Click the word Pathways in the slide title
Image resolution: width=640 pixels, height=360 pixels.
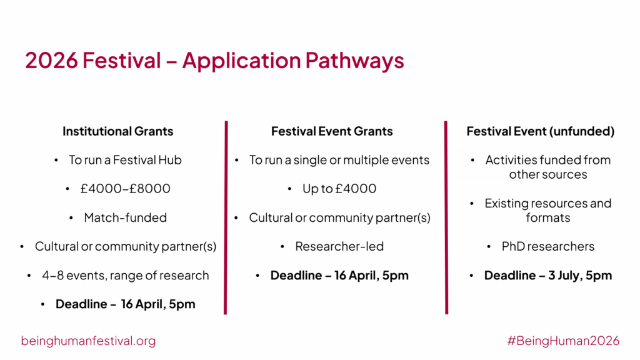point(355,61)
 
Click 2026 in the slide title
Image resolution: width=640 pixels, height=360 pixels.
point(51,61)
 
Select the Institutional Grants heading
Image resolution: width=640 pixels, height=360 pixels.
point(118,131)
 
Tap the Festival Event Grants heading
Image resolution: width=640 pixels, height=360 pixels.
point(332,131)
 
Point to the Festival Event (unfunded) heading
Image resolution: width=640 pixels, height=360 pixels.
point(541,131)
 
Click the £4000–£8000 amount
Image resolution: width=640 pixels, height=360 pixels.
point(125,189)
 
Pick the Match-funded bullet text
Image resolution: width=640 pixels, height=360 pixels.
point(125,217)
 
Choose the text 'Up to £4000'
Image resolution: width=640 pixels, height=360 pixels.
point(339,189)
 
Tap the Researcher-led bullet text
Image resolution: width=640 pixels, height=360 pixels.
point(339,246)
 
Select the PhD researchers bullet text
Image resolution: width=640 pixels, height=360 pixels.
point(547,246)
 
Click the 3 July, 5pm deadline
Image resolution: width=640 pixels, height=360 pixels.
point(548,276)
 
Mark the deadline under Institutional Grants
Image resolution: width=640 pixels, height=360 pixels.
point(125,304)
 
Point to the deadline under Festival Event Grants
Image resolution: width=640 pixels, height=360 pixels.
point(339,276)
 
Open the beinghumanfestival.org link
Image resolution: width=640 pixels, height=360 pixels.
point(88,341)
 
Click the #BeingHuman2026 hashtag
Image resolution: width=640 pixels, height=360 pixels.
point(563,341)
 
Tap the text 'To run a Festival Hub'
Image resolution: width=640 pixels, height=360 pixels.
point(125,160)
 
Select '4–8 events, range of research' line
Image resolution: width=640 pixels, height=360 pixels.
point(125,276)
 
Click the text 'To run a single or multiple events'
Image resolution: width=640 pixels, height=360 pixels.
point(339,160)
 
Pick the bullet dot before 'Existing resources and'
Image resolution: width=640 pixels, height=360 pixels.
point(472,203)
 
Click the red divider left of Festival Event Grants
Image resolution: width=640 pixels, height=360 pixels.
point(226,217)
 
